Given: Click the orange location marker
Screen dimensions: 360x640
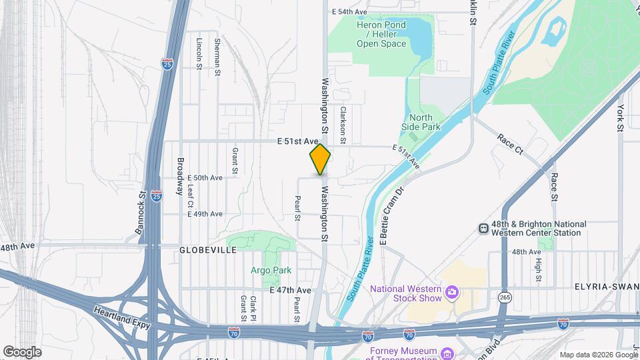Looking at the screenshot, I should tap(320, 159).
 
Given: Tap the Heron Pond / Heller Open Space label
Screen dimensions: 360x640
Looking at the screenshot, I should tap(381, 34).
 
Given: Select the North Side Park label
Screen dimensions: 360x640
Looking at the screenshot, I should tap(421, 122).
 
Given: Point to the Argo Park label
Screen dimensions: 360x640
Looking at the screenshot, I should tap(271, 270).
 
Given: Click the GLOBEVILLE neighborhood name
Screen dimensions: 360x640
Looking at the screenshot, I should tap(208, 250).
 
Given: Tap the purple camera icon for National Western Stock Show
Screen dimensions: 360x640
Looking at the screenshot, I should tap(453, 291).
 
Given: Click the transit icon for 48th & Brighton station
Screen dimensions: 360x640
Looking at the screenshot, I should tap(484, 228).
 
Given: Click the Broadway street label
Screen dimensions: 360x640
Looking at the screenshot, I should tap(180, 176).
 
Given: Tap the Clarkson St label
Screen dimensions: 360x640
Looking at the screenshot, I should tap(343, 125).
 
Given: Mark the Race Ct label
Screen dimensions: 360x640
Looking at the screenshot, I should tap(511, 143).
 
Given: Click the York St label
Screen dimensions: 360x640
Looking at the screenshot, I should tap(620, 117).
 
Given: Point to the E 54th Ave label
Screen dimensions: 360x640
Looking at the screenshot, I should tap(349, 12).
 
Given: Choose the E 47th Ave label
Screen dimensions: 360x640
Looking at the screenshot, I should tap(290, 291).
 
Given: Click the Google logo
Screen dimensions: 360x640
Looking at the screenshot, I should tap(22, 351).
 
